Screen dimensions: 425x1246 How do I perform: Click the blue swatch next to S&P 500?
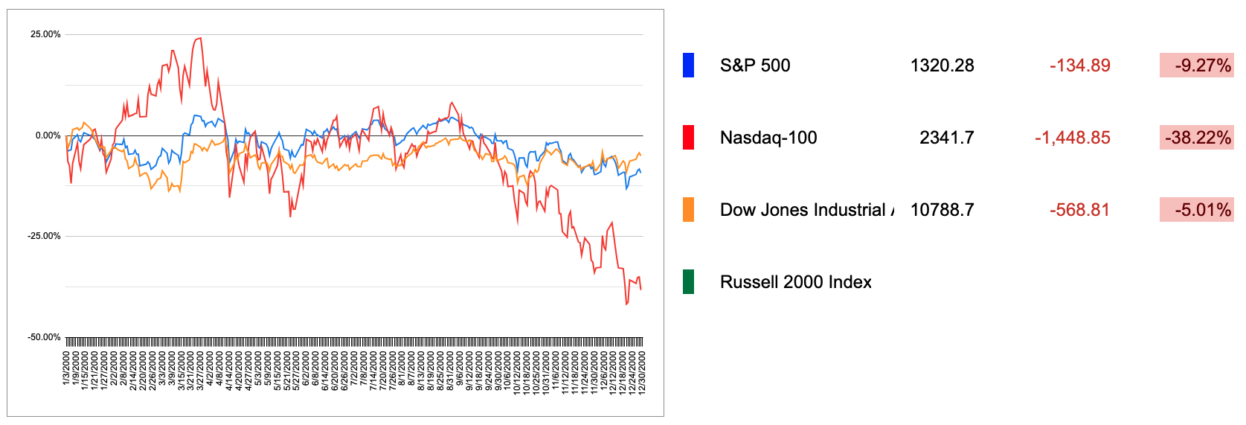[688, 65]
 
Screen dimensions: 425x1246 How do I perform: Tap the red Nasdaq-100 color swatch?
[688, 138]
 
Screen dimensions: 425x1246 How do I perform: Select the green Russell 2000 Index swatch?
[688, 282]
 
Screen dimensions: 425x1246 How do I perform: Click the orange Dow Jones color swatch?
[688, 210]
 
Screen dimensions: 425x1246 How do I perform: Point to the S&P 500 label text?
[754, 65]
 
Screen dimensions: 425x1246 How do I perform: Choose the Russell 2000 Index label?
[795, 282]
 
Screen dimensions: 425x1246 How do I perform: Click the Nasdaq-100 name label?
[768, 138]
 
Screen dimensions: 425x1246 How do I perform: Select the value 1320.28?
[942, 65]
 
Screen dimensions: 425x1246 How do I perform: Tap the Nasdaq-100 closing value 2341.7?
[946, 138]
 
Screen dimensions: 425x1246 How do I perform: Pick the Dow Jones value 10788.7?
[942, 210]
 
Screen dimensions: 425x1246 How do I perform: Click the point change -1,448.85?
[1072, 138]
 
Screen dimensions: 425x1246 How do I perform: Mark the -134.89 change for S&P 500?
[1079, 65]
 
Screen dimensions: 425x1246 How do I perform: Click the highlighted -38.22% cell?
[1196, 138]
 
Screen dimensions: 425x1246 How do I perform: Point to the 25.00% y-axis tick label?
[45, 34]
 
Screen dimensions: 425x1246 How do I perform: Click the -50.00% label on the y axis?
[44, 337]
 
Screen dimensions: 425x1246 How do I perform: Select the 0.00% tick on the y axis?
[48, 135]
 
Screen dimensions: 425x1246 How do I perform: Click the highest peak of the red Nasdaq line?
[199, 39]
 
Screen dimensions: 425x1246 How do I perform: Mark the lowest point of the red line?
[626, 304]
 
